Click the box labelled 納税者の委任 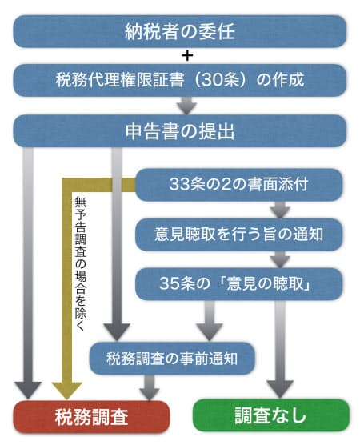tap(179, 31)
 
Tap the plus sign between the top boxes tap(187, 56)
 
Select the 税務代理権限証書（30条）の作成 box tap(179, 80)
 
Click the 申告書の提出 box tap(179, 131)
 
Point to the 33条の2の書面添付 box tap(238, 185)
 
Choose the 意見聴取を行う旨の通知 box tap(238, 235)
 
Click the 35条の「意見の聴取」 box tap(238, 283)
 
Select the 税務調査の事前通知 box tap(172, 358)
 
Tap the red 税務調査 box tap(91, 417)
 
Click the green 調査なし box tap(271, 415)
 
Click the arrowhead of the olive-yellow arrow tap(67, 391)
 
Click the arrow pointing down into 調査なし tap(280, 349)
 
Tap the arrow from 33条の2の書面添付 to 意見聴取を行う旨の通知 tap(280, 210)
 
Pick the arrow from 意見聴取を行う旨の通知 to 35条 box tap(280, 259)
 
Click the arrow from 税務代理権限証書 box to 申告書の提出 tap(186, 106)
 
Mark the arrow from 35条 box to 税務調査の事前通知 tap(210, 321)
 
